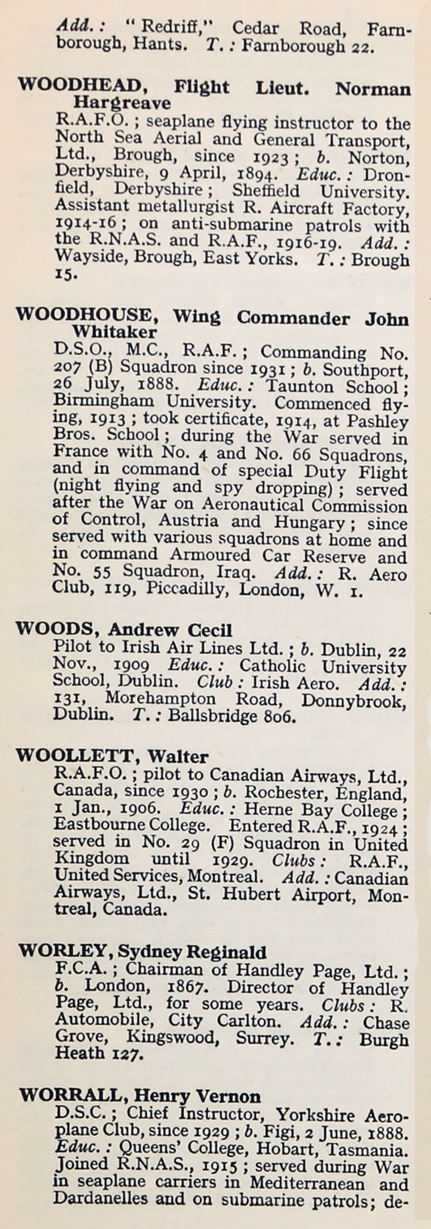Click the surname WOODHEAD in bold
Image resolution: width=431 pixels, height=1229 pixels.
[78, 86]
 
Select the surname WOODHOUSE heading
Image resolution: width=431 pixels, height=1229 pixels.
[83, 315]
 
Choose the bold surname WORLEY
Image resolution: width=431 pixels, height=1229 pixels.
[62, 951]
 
